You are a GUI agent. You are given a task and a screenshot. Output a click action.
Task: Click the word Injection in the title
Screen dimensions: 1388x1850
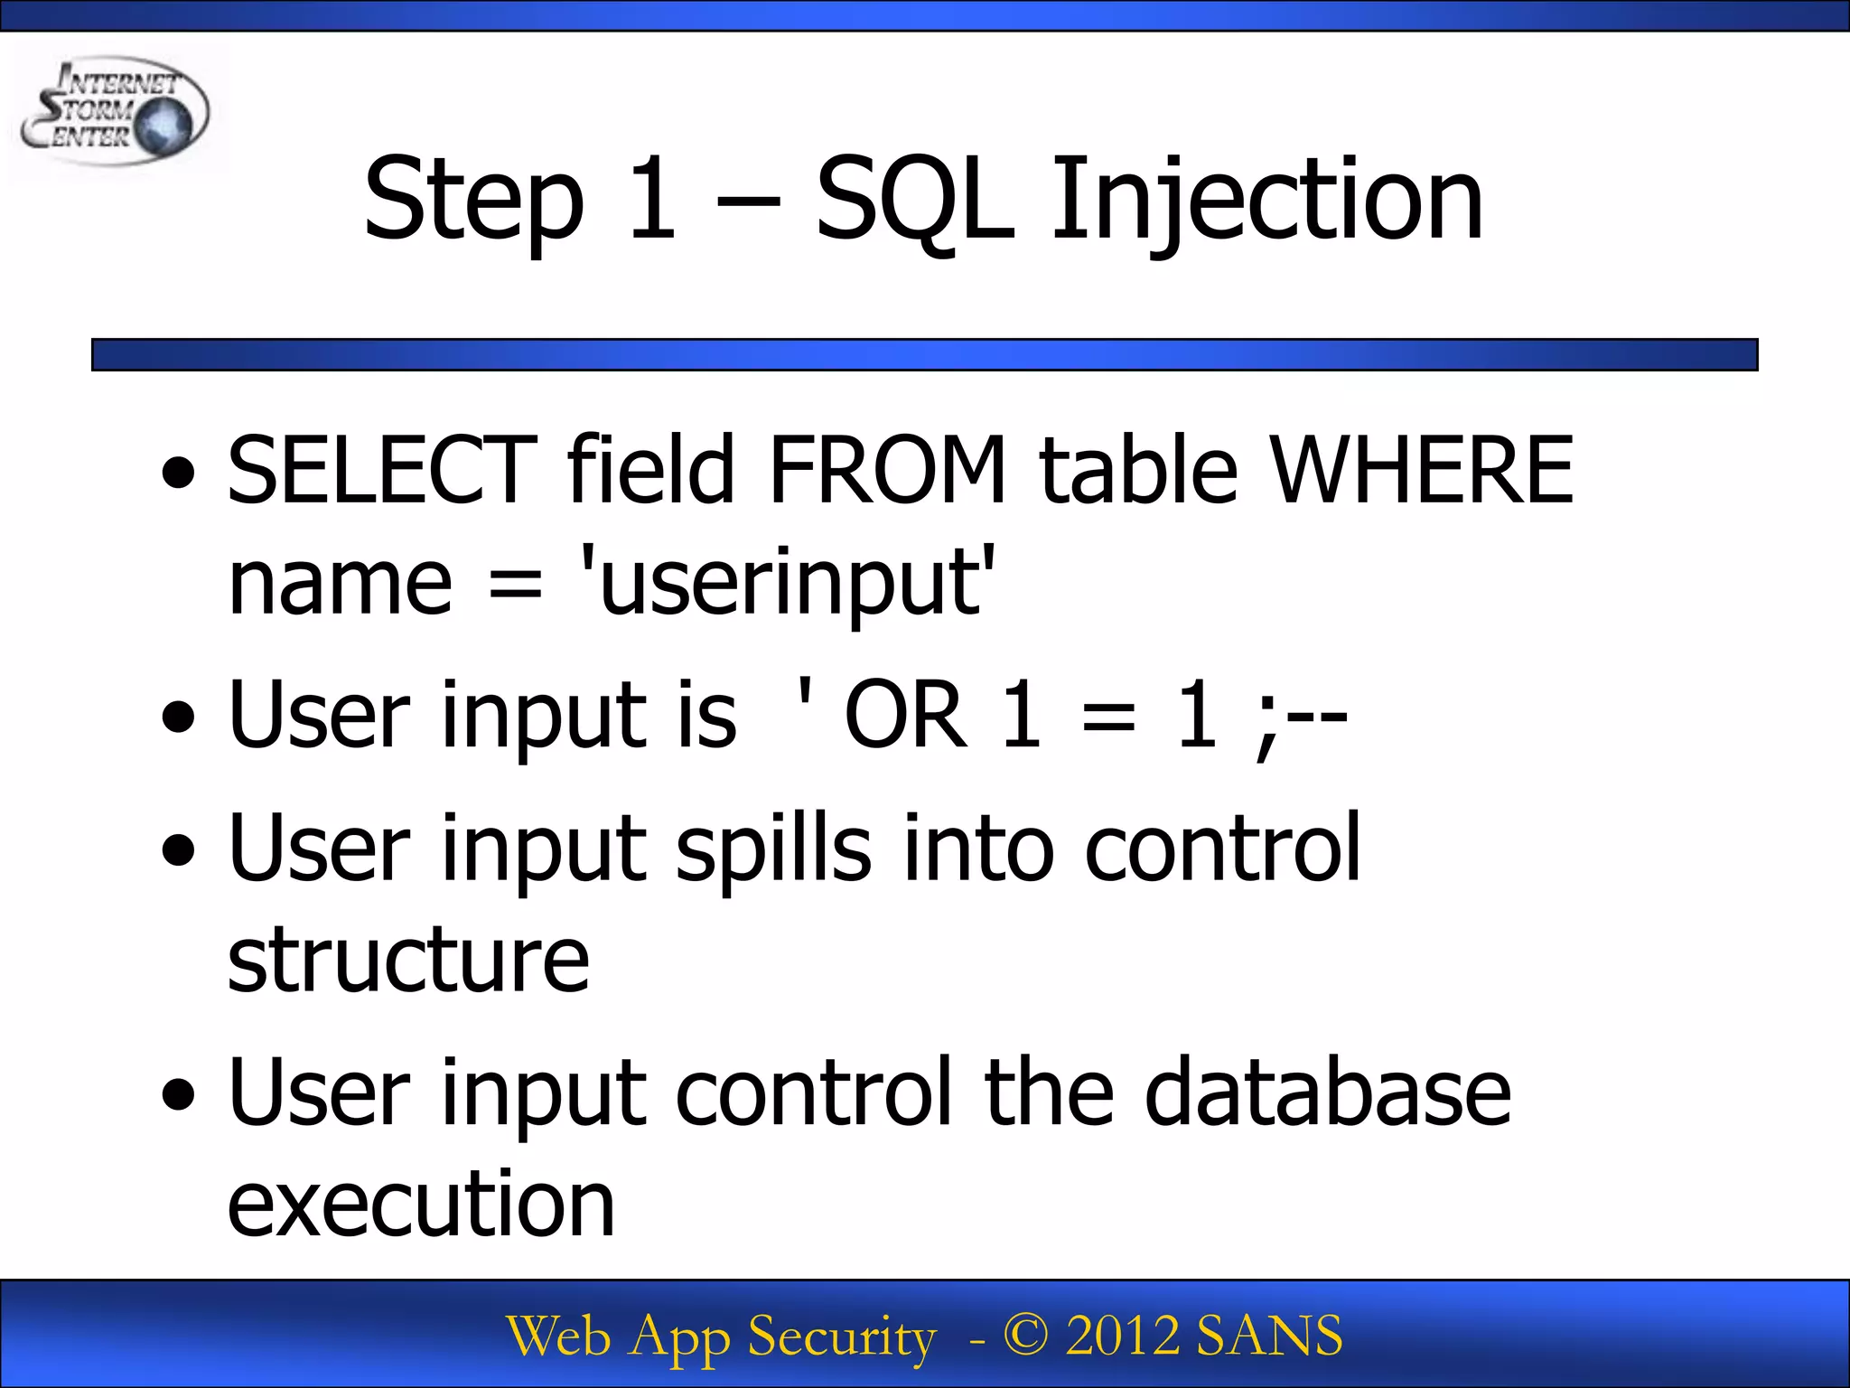click(1266, 201)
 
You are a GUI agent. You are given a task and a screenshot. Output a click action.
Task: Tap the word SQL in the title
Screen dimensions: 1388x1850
click(914, 201)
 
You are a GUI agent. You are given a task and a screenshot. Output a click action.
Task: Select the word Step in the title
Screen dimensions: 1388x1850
click(473, 201)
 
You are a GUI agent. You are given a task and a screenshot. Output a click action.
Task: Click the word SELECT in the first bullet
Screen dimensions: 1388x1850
click(382, 470)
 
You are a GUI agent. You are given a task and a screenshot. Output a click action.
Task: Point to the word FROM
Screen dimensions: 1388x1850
click(887, 470)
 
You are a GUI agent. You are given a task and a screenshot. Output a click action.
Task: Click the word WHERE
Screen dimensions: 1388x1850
click(1422, 470)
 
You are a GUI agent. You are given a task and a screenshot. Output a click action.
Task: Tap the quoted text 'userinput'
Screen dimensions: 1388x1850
click(788, 583)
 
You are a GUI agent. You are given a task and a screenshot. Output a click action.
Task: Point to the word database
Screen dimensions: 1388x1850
click(1327, 1093)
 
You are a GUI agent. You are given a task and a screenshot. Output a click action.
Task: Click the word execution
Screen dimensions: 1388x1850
click(421, 1205)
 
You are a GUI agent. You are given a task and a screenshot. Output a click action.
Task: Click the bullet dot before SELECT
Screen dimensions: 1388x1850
click(178, 474)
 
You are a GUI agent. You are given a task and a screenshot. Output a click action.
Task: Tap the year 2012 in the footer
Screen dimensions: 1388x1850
click(1123, 1336)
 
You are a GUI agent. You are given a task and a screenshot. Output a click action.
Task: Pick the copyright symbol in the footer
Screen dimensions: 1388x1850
click(1025, 1336)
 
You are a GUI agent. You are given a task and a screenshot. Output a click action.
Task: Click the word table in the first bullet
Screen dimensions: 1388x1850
click(1138, 470)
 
